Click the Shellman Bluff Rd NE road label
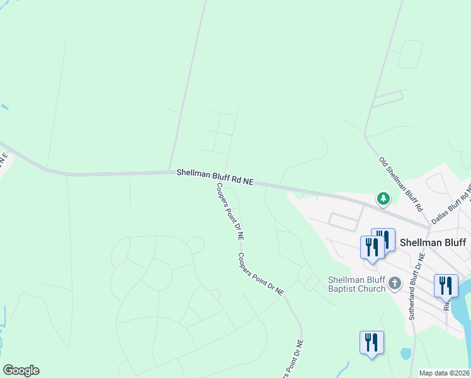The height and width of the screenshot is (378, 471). coord(215,176)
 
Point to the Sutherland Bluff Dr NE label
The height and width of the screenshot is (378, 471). coord(417,287)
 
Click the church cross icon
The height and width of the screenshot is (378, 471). coord(395,283)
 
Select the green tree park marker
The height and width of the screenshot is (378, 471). coord(383,199)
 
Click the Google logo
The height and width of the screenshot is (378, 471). coord(21,370)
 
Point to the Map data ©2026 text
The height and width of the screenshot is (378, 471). coord(445,373)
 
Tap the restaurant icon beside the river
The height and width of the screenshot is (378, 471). coord(445,285)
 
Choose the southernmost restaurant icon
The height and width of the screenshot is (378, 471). coord(372,343)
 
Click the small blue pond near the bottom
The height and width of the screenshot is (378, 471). coord(406,353)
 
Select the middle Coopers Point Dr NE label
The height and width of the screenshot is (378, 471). coord(261,275)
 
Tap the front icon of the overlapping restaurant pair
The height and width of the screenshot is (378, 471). coord(372,247)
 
